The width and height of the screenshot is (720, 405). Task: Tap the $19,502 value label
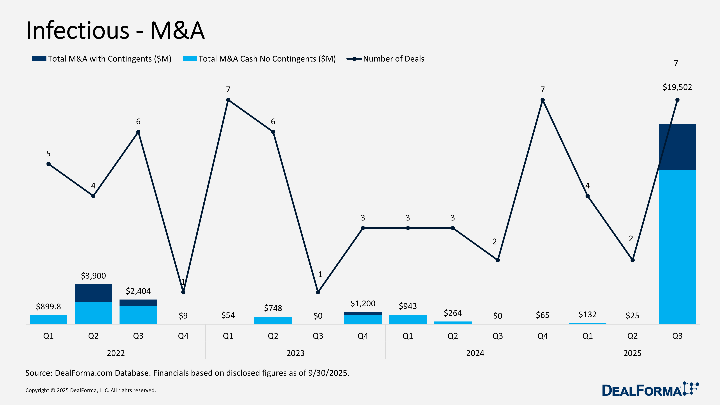click(677, 87)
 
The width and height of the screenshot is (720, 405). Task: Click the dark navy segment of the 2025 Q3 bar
click(677, 147)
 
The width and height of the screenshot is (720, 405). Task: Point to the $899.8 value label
click(48, 307)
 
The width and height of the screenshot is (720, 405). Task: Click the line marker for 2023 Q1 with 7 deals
click(228, 100)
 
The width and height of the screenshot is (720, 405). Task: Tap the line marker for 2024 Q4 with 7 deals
click(543, 100)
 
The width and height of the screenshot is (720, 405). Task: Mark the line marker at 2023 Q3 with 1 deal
click(318, 292)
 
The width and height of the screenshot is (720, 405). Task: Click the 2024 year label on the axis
click(475, 353)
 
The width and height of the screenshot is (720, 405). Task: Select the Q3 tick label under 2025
click(677, 336)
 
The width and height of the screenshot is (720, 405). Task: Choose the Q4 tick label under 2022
click(183, 336)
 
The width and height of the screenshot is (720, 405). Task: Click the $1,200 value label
click(363, 303)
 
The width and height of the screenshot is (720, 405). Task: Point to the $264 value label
click(453, 313)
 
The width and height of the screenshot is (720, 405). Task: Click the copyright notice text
click(91, 390)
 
